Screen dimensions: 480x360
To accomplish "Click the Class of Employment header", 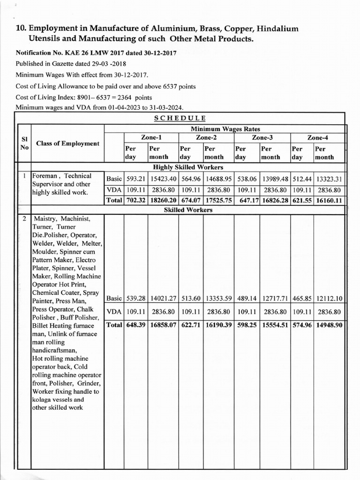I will (67, 143).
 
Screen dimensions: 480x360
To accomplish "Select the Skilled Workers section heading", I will (187, 210).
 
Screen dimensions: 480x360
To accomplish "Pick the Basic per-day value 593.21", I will (135, 179).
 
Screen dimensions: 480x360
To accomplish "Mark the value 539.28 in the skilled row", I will (135, 298).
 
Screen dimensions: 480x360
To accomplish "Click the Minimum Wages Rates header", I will (225, 129).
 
